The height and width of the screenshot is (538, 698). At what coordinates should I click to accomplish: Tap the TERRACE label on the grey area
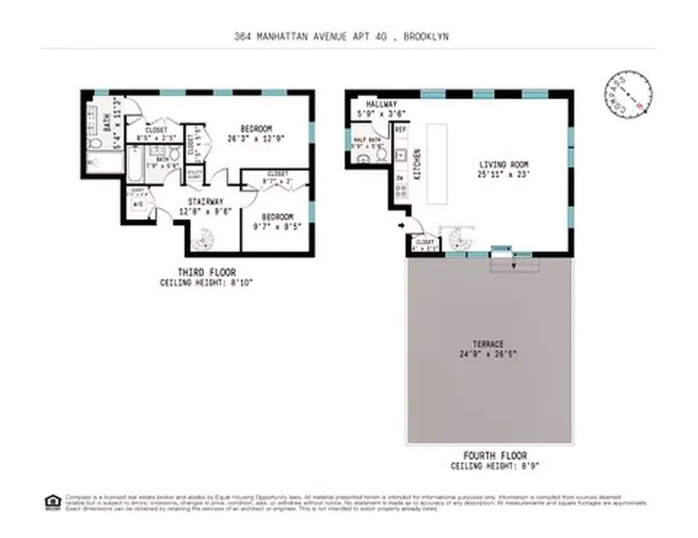pos(488,344)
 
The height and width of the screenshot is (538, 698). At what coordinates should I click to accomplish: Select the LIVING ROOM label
pos(504,164)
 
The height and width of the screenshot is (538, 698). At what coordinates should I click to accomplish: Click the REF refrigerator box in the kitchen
pos(401,129)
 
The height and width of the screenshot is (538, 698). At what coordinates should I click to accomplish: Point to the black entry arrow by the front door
pos(403,227)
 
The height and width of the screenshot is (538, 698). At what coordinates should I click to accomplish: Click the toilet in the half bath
pos(381,155)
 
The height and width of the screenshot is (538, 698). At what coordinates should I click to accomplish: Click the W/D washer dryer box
pos(138,204)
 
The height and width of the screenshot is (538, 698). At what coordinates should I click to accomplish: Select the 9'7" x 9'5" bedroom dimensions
pos(276,227)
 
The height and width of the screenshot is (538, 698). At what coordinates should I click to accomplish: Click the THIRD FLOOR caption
pos(206,272)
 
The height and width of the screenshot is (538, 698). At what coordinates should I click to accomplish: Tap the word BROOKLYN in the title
pos(426,38)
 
